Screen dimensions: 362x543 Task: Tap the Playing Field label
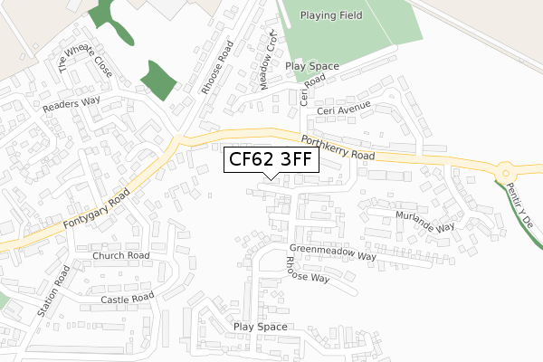[331, 15]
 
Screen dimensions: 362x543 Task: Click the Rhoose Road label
[216, 68]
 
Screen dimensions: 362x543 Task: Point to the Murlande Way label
[424, 221]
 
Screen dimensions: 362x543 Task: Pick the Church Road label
[120, 256]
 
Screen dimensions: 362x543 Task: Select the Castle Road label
[128, 299]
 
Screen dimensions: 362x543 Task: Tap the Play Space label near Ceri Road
[311, 67]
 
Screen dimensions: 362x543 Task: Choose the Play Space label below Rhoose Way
[260, 327]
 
